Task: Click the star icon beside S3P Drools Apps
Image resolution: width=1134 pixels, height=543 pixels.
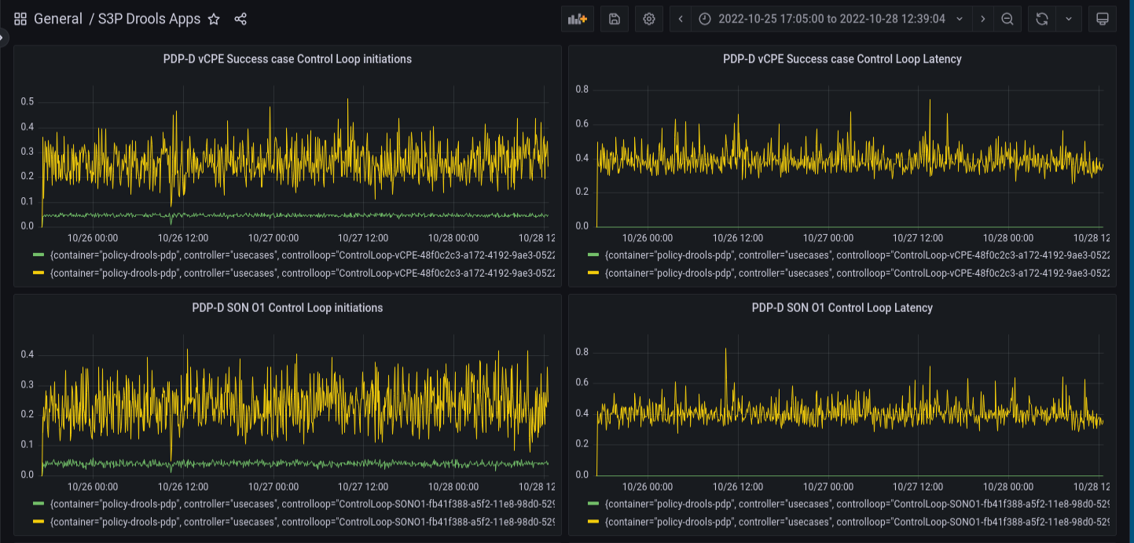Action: pos(214,19)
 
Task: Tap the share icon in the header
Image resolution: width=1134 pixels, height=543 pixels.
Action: pos(240,19)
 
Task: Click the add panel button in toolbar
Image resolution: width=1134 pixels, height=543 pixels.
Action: pos(577,19)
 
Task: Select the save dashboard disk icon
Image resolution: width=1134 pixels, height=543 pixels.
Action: pos(614,19)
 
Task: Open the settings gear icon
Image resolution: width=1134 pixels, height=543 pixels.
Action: pos(649,19)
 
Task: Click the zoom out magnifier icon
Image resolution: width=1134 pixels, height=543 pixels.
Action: pos(1007,19)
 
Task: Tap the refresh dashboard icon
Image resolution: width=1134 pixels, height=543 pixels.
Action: pos(1042,19)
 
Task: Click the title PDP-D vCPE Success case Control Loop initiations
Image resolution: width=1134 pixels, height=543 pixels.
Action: pos(287,59)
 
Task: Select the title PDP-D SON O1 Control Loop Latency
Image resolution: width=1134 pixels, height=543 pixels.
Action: pos(842,308)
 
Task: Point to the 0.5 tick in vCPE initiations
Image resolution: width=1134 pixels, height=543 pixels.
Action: pos(28,101)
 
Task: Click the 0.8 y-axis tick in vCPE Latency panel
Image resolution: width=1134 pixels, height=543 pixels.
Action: pos(582,90)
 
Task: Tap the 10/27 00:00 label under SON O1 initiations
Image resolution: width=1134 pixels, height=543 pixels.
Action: pos(273,487)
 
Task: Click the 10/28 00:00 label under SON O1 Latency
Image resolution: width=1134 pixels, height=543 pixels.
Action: pos(1008,487)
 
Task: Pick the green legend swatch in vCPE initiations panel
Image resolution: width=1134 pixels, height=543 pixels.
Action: pos(39,255)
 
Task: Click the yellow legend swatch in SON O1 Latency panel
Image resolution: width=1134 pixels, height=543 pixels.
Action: pos(593,522)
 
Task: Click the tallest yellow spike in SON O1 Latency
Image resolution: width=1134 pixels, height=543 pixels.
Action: pos(725,349)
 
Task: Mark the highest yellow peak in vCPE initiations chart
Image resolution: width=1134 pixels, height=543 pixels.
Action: pos(348,101)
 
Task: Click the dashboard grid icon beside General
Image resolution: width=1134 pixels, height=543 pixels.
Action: pos(20,19)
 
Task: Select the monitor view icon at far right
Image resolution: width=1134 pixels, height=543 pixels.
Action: pos(1102,19)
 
